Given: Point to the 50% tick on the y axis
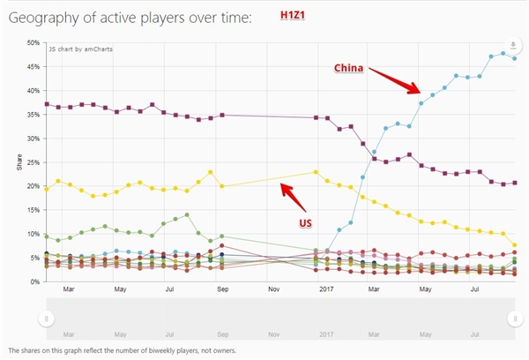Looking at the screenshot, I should coord(32,42).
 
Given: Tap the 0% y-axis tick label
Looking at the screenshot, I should coord(34,282).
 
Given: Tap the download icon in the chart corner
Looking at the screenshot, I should coord(511,47).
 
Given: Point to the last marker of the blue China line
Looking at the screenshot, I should coord(514,58).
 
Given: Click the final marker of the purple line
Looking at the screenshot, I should coord(514,183).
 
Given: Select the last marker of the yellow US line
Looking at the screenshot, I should coord(514,244).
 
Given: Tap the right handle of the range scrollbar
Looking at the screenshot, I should coord(515,318).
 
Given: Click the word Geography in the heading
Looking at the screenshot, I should coord(45,18).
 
